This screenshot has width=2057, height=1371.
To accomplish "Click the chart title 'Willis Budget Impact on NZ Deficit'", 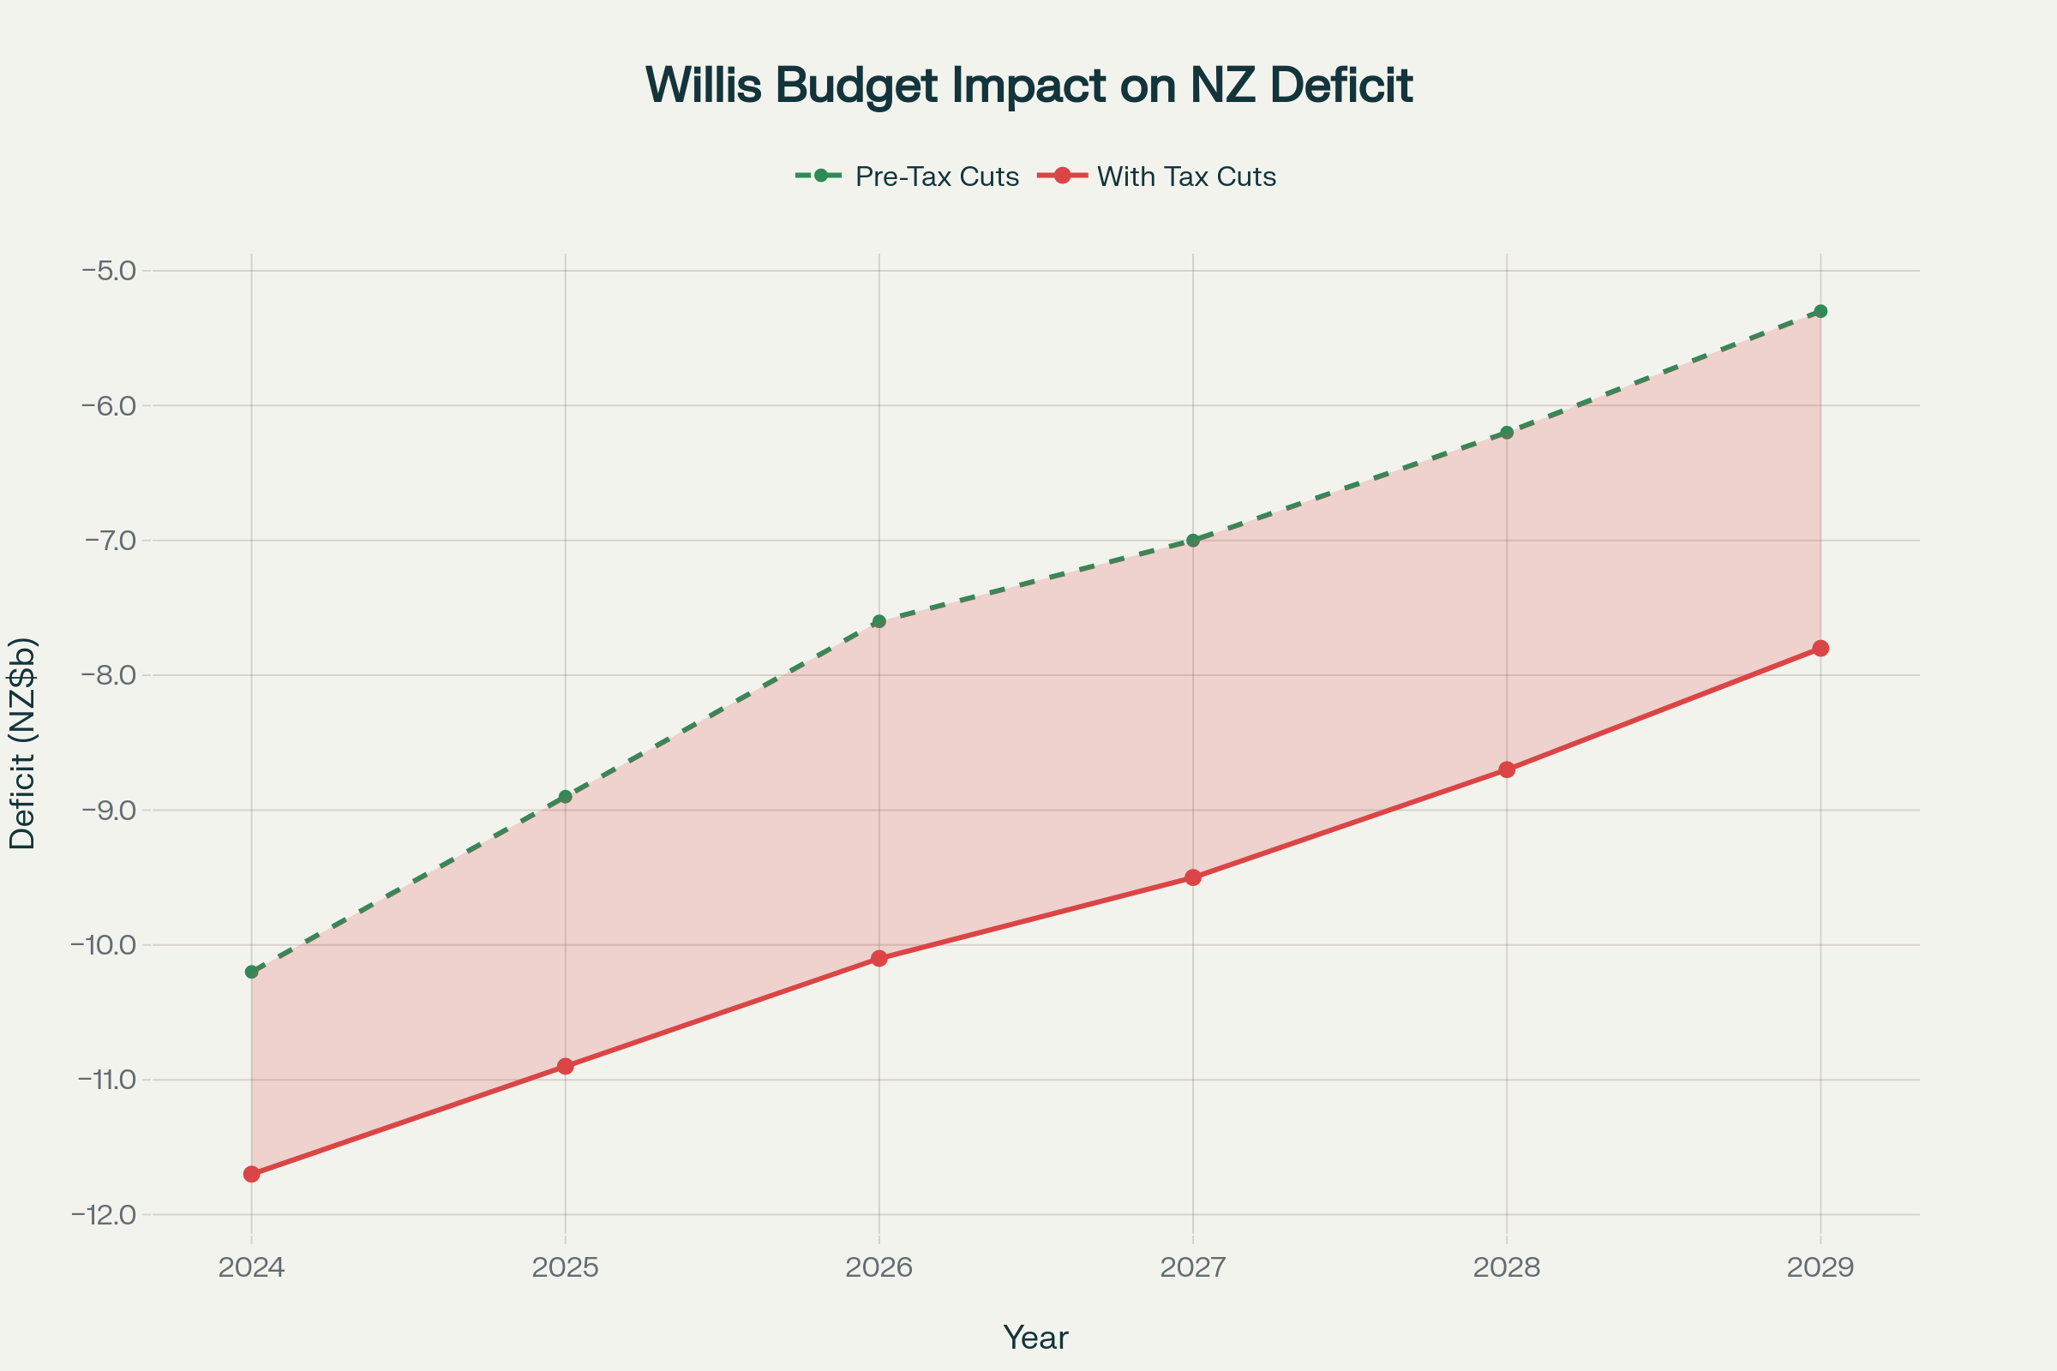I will [1028, 85].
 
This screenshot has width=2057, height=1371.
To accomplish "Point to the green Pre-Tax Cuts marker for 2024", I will [252, 973].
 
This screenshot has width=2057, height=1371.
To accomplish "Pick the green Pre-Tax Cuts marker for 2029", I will [1820, 311].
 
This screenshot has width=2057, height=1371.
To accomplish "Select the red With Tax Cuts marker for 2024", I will [252, 1174].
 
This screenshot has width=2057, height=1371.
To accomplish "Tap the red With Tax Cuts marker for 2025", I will [566, 1067].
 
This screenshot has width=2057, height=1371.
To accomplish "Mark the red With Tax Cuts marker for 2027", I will [1193, 877].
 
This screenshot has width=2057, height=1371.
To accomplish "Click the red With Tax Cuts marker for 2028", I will [1507, 769].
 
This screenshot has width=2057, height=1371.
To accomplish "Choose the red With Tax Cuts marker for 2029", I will [1820, 648].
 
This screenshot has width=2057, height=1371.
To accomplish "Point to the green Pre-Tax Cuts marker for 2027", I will [1193, 541].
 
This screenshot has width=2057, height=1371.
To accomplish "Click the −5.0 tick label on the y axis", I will [110, 270].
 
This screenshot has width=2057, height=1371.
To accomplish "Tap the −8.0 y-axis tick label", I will [110, 675].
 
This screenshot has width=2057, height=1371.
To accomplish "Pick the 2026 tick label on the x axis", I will [879, 1268].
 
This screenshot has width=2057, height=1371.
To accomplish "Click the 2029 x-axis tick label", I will [1820, 1268].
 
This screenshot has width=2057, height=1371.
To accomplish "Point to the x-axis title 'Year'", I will [1035, 1338].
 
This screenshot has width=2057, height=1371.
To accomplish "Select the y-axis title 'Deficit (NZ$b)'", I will [23, 743].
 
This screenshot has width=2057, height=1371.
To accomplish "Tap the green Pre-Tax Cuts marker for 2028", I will [1507, 433].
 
